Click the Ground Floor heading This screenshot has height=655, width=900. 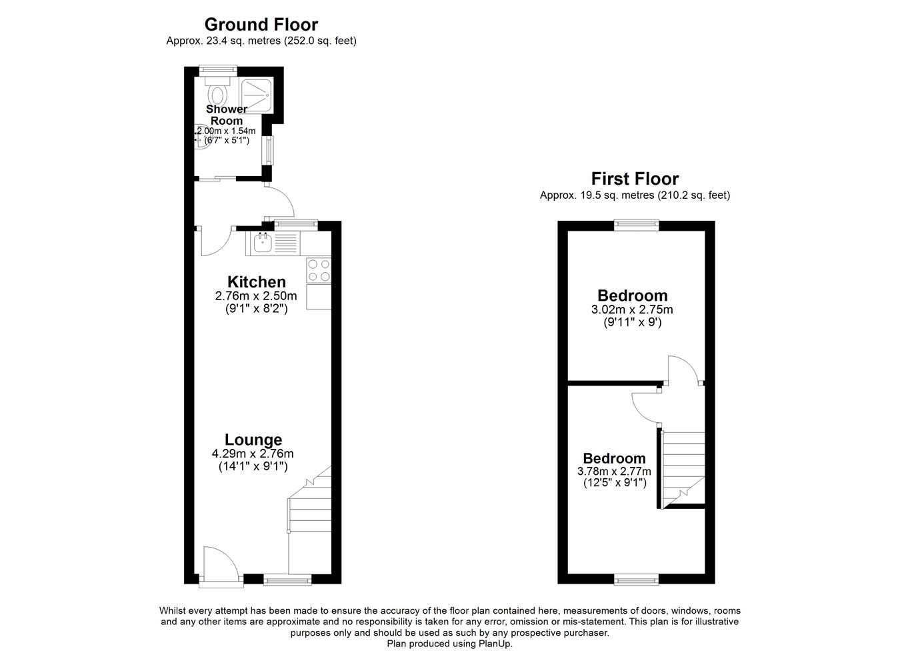point(261,25)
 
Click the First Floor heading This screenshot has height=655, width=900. point(635,179)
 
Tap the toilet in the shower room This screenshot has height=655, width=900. point(217,91)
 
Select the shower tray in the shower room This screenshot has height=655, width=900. point(257,95)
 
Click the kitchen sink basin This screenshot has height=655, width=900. point(263,243)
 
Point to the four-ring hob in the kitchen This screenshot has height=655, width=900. point(319,271)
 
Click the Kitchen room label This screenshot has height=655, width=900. point(257,281)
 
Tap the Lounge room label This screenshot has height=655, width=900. point(253,440)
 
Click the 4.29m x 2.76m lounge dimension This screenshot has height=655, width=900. point(253,454)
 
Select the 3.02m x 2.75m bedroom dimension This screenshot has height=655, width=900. point(632,309)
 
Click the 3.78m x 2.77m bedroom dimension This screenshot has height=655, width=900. point(614,471)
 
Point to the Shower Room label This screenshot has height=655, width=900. point(227,115)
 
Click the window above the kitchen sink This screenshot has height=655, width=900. point(295,225)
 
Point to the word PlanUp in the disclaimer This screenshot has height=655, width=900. point(495,644)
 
